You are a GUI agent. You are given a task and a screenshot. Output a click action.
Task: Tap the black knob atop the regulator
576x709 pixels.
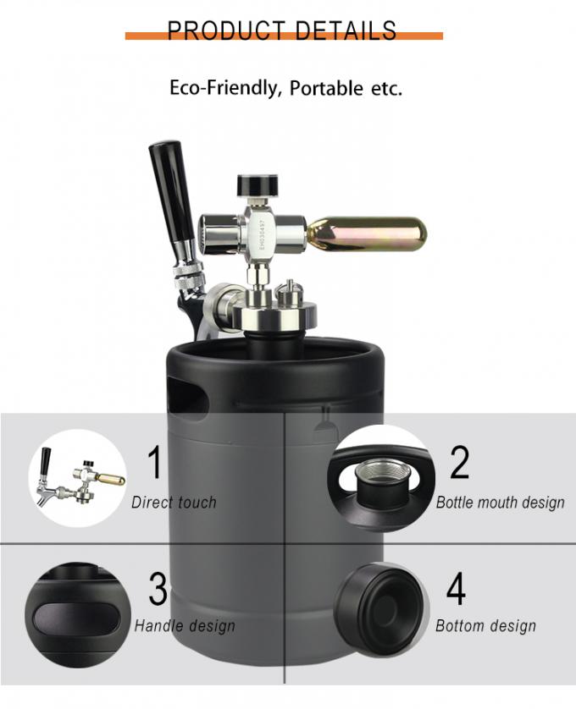pyautogui.click(x=258, y=184)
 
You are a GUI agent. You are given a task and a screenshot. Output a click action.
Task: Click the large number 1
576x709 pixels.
pyautogui.click(x=154, y=464)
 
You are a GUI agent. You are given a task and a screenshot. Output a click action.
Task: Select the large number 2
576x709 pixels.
pyautogui.click(x=459, y=464)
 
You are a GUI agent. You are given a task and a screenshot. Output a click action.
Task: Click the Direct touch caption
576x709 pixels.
pyautogui.click(x=174, y=503)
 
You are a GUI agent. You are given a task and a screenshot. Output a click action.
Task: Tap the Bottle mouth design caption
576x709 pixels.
pyautogui.click(x=500, y=503)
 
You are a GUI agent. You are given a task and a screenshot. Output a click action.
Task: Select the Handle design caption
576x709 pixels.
pyautogui.click(x=185, y=626)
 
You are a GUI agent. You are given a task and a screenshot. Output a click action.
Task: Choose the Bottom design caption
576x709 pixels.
pyautogui.click(x=485, y=626)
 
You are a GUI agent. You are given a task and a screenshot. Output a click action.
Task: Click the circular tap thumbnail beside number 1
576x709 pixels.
pyautogui.click(x=79, y=475)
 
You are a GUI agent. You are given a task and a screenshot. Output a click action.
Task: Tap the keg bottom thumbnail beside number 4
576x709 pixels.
pyautogui.click(x=379, y=602)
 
